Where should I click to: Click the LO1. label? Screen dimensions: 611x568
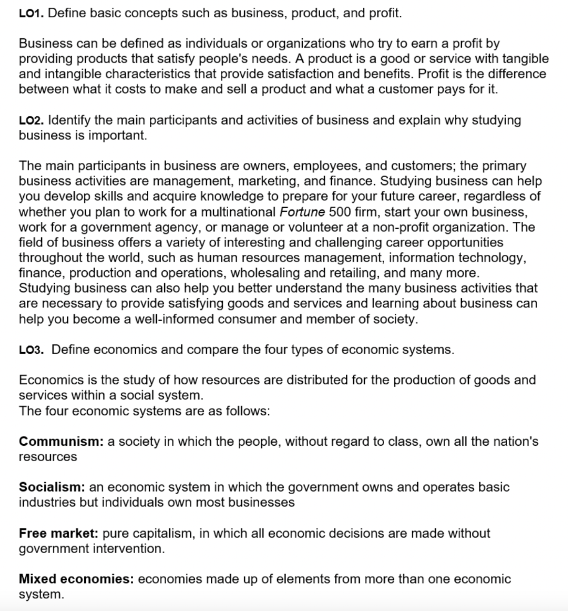point(31,13)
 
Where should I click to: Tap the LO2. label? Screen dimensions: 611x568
point(31,121)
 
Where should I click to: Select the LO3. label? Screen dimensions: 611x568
point(32,350)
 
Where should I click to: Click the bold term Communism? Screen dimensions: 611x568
point(62,442)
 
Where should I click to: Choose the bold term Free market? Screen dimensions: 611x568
point(59,533)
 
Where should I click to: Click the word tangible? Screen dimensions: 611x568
point(526,58)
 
